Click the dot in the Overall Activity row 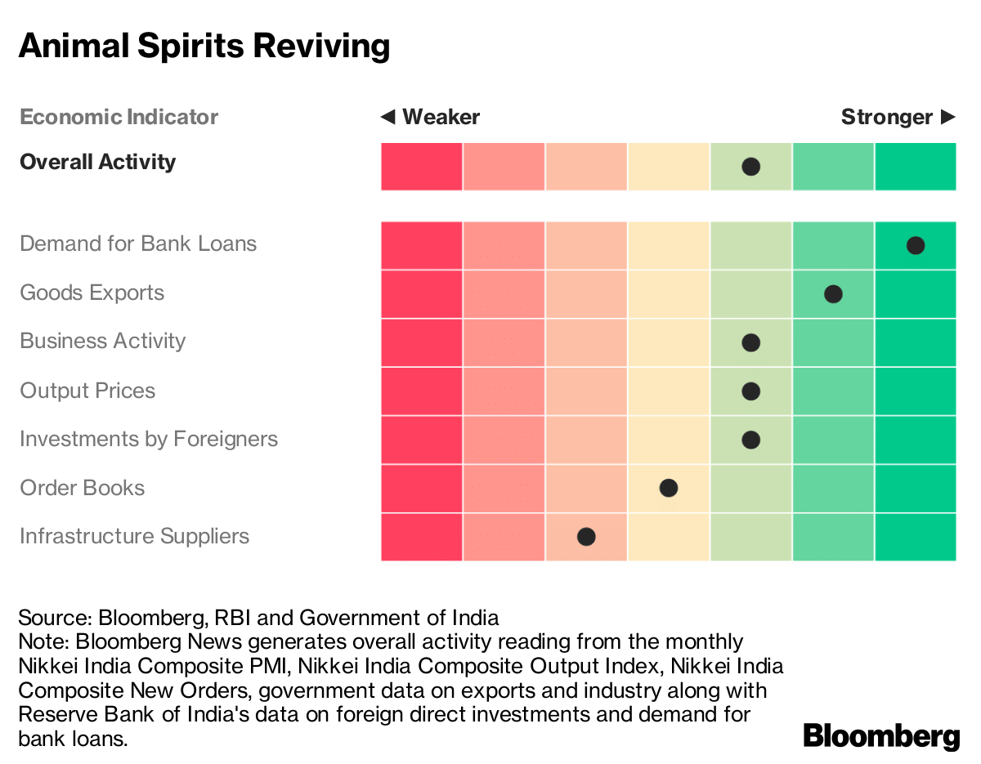(750, 167)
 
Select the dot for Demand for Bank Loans (915, 245)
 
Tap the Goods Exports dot (833, 294)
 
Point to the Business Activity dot (750, 342)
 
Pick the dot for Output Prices (750, 391)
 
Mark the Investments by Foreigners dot (750, 440)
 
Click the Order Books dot (668, 489)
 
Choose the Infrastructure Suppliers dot (585, 537)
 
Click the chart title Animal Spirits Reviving (204, 46)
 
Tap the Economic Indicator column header (119, 117)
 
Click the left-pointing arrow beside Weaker (387, 117)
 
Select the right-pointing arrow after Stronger (947, 117)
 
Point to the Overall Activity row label (97, 162)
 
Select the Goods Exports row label (92, 293)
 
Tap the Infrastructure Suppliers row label (134, 536)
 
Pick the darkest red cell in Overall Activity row (421, 167)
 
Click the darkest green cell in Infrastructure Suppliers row (915, 537)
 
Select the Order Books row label (82, 488)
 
